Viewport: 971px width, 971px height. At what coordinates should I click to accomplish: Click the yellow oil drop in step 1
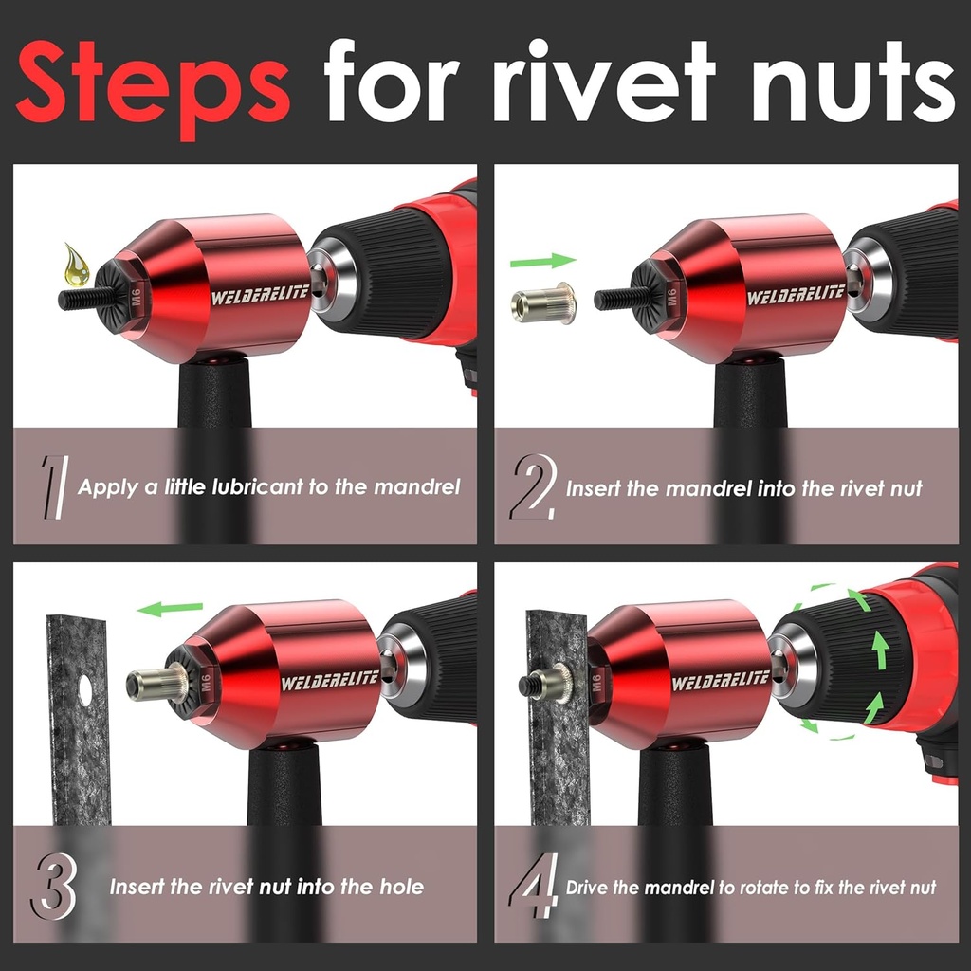point(77,265)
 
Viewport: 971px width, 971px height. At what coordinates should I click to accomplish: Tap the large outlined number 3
point(53,888)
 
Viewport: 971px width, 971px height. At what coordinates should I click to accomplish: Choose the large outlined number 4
point(533,888)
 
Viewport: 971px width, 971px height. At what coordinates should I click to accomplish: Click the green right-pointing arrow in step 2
point(542,260)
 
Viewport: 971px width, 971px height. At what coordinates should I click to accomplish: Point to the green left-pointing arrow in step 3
point(170,608)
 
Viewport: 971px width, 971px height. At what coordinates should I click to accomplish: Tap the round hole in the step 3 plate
point(84,690)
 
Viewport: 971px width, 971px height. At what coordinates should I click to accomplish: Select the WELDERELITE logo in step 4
point(721,680)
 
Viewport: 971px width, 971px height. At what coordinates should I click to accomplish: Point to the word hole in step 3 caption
point(399,888)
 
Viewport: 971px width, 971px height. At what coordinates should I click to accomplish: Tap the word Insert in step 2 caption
point(594,489)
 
